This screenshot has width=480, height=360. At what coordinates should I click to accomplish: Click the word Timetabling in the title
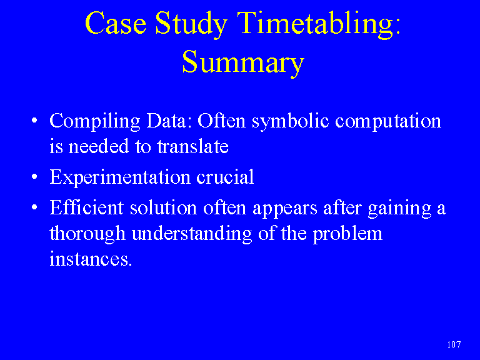tap(319, 24)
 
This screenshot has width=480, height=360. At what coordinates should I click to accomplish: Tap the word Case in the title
tap(116, 23)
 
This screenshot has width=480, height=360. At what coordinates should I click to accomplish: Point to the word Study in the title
tap(191, 25)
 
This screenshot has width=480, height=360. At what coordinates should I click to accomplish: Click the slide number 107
tap(454, 344)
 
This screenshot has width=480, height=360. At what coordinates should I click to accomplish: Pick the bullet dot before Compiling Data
tap(34, 120)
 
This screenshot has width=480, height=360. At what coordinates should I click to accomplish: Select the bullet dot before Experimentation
tap(34, 177)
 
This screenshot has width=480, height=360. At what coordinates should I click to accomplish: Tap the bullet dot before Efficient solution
tap(34, 207)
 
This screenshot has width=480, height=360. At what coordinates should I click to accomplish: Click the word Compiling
tap(95, 122)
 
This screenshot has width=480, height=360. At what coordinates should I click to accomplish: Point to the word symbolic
tap(290, 122)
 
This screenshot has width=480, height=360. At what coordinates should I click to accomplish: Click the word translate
tap(193, 146)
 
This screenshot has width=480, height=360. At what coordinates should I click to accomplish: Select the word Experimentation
tap(120, 178)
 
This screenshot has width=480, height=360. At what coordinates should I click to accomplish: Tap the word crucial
tap(225, 177)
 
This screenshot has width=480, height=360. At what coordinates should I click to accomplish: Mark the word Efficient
tap(87, 207)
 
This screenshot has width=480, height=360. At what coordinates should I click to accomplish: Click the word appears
tap(285, 209)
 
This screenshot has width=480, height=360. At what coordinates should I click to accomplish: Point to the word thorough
tap(87, 234)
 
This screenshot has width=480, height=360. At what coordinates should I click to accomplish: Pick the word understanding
tap(192, 234)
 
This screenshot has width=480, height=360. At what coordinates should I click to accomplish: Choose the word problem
tap(347, 234)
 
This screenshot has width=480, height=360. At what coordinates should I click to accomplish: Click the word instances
tap(91, 259)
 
